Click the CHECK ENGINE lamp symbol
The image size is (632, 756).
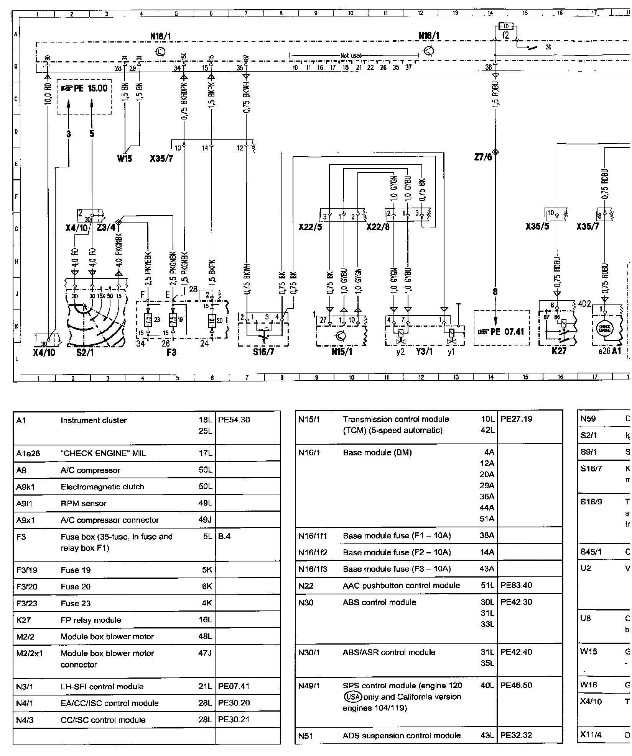(x=606, y=328)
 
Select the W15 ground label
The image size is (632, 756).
(x=125, y=158)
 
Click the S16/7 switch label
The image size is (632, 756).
(x=263, y=352)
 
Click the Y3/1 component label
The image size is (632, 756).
(x=425, y=352)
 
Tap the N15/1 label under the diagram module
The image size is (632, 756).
(x=342, y=352)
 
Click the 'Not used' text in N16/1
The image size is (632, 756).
(x=351, y=56)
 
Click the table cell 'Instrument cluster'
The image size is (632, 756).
(x=93, y=420)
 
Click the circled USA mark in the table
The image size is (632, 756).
(x=350, y=697)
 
